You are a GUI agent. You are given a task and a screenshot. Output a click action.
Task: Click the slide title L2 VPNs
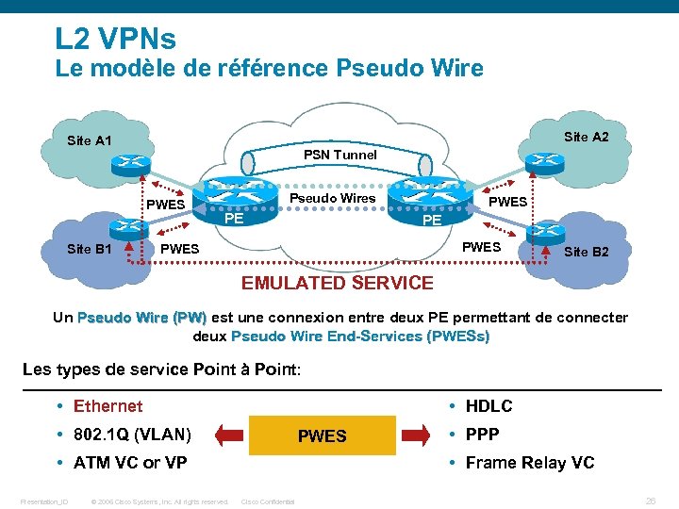[x=115, y=39]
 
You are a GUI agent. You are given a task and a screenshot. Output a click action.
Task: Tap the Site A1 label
[x=90, y=141]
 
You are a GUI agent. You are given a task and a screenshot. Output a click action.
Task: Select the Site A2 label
[x=586, y=138]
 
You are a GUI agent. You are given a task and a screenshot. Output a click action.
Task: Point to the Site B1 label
[x=90, y=249]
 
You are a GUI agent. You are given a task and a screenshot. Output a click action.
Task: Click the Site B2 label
[x=586, y=252]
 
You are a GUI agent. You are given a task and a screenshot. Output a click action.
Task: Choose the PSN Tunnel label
[x=339, y=155]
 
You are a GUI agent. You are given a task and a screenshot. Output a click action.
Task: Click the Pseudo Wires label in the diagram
[x=332, y=198]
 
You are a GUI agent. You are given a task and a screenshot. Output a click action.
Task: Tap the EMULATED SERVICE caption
[x=338, y=283]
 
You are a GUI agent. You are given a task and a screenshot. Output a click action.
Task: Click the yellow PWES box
[x=323, y=435]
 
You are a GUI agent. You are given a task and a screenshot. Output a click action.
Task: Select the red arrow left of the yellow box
[x=229, y=435]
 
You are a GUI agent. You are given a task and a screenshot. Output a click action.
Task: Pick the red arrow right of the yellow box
[x=416, y=435]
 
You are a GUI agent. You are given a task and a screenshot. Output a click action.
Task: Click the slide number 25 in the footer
[x=650, y=501]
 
